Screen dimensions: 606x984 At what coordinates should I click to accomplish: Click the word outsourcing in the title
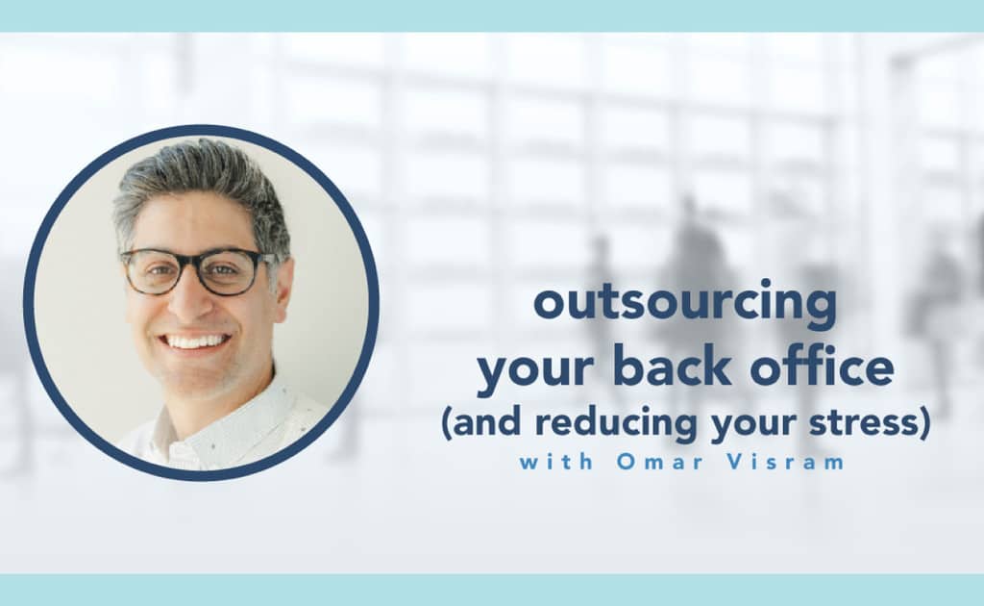pyautogui.click(x=685, y=304)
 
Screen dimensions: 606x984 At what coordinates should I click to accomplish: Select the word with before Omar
pyautogui.click(x=553, y=461)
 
